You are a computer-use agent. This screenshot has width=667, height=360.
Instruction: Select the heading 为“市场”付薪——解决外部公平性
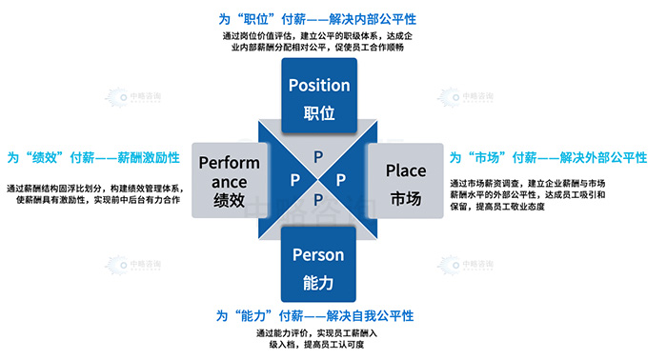point(549,156)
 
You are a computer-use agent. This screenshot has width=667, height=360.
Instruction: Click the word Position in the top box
point(319,84)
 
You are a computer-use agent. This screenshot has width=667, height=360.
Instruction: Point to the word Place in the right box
point(406,170)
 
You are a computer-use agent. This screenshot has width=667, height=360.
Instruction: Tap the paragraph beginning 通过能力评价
point(318,341)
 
